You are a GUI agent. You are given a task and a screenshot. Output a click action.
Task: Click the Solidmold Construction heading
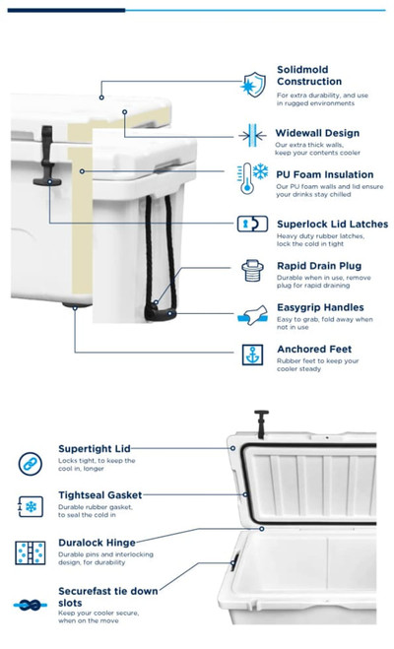click(x=309, y=76)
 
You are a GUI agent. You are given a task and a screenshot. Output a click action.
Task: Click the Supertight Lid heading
click(x=94, y=448)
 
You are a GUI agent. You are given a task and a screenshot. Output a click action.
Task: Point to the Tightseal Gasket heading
click(x=99, y=494)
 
